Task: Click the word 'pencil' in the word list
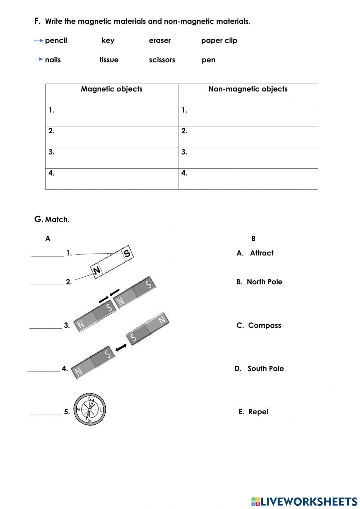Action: [x=56, y=41]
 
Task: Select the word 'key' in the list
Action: [x=108, y=40]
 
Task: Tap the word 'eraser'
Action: [x=160, y=41]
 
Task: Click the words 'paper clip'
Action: [x=219, y=41]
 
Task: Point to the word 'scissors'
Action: [x=162, y=60]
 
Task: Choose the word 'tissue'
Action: [x=109, y=60]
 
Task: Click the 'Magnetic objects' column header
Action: [x=112, y=89]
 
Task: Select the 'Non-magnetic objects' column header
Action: [x=248, y=89]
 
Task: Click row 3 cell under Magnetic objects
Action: [x=112, y=157]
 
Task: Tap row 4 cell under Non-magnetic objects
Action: [x=248, y=179]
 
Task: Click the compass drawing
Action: [x=90, y=410]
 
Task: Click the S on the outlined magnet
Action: [x=127, y=253]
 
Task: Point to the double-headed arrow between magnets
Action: [x=121, y=348]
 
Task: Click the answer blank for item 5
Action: [x=45, y=412]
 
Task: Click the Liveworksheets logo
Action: [x=304, y=501]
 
